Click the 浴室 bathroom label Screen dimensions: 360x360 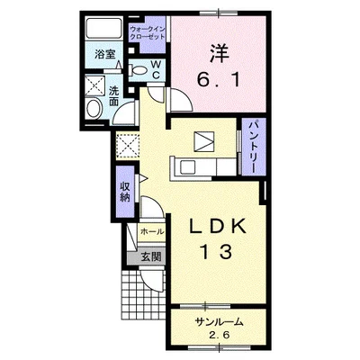pyautogui.click(x=104, y=54)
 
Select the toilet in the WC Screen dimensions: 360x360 pyautogui.click(x=138, y=70)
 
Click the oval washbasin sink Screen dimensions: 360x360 pyautogui.click(x=94, y=109)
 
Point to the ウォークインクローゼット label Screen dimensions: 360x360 pyautogui.click(x=148, y=33)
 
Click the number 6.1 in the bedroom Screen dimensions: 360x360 pyautogui.click(x=219, y=79)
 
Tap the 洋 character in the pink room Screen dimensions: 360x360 pyautogui.click(x=219, y=53)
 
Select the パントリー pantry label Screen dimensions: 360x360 pyautogui.click(x=254, y=147)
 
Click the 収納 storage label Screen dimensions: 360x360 pyautogui.click(x=125, y=193)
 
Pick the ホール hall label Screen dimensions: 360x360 pyautogui.click(x=152, y=231)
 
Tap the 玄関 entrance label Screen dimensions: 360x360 pyautogui.click(x=151, y=256)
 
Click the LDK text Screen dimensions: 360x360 pyautogui.click(x=217, y=227)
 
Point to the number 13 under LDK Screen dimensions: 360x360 pyautogui.click(x=217, y=252)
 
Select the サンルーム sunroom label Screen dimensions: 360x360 pyautogui.click(x=219, y=322)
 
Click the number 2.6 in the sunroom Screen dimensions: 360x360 pyautogui.click(x=219, y=335)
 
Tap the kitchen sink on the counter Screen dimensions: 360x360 pyautogui.click(x=188, y=167)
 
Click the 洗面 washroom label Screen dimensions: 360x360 pyautogui.click(x=114, y=96)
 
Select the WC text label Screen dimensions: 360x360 pyautogui.click(x=156, y=69)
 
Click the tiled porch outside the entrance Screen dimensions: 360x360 pyautogui.click(x=144, y=292)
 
